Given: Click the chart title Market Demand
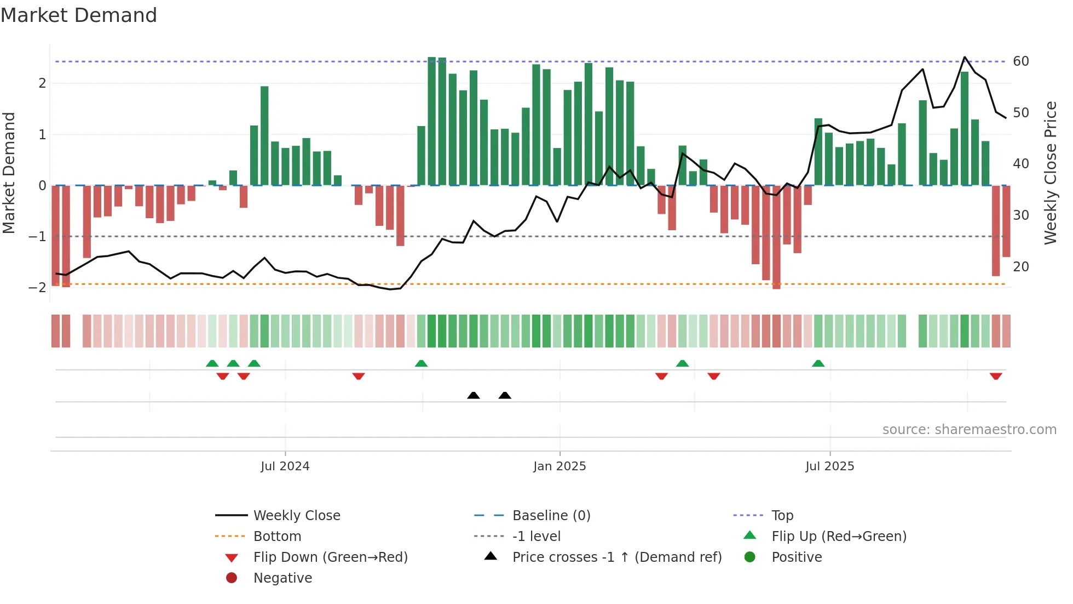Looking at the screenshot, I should [79, 15].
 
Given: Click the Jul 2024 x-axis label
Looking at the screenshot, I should [285, 466].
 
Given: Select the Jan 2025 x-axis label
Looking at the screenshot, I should [559, 466].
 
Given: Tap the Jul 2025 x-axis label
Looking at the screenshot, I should [829, 466].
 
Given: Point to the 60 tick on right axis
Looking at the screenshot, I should [1020, 61].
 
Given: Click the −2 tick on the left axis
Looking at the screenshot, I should [38, 288].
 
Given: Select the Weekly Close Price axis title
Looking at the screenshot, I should [1050, 173].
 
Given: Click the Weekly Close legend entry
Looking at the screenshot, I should [296, 516].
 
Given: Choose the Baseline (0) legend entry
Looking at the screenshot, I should [551, 516].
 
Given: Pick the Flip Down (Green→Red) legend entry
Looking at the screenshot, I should [330, 557].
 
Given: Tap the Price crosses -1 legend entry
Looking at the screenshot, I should [616, 557].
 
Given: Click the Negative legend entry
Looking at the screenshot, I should [282, 578].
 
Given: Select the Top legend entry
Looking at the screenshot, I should [782, 516].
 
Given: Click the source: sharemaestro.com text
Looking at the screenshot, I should [969, 430].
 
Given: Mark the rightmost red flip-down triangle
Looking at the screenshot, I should [996, 376].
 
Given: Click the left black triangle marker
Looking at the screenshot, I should [474, 395].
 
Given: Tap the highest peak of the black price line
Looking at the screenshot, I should [965, 57].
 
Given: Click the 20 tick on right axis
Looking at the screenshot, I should [1020, 267].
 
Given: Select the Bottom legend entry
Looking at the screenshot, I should [277, 537].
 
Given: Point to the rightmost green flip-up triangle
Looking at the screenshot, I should [818, 363].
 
